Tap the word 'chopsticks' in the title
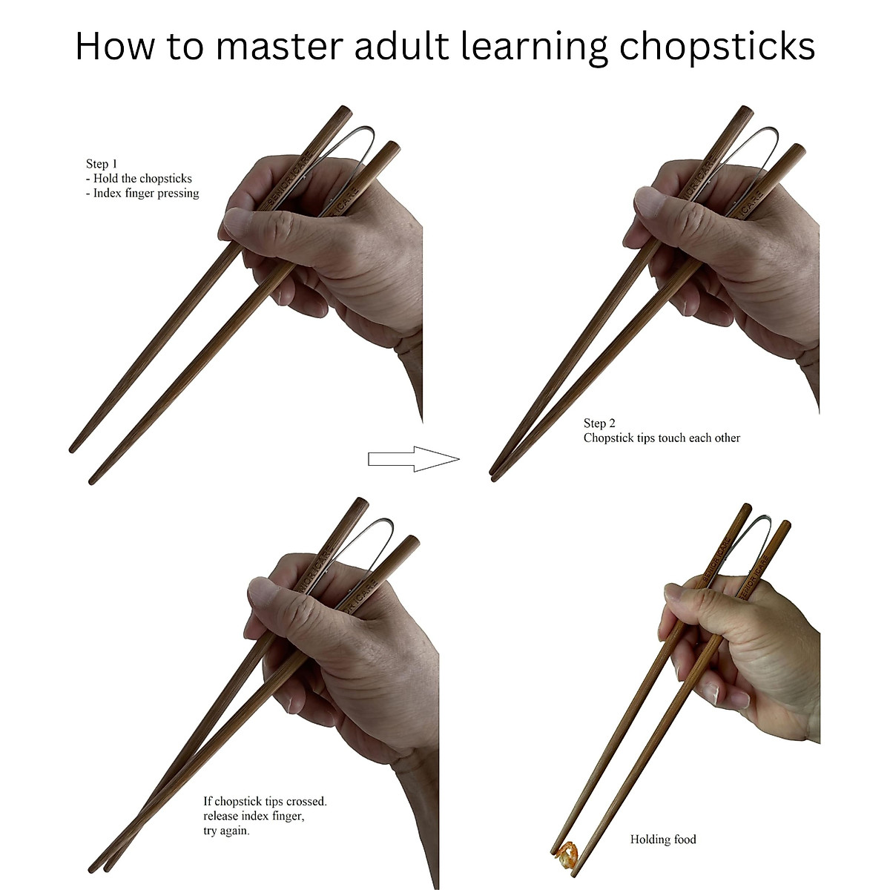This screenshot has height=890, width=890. (x=716, y=46)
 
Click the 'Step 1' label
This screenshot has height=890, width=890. (x=102, y=164)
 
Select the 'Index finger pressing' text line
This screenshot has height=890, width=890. (x=146, y=193)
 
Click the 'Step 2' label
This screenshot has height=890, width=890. (x=599, y=423)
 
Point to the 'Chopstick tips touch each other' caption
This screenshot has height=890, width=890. (x=662, y=438)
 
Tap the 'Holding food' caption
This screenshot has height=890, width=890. (x=663, y=840)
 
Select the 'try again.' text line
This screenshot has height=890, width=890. (x=227, y=831)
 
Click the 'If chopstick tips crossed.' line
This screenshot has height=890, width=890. (x=265, y=801)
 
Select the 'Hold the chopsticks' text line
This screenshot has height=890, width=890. (x=142, y=179)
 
